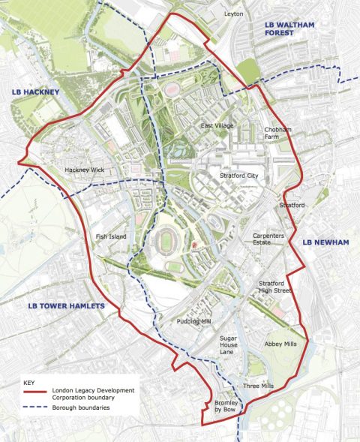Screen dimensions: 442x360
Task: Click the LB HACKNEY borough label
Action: pyautogui.click(x=34, y=92)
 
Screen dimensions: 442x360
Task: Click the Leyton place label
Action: pyautogui.click(x=235, y=14)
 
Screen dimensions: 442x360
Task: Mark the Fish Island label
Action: pyautogui.click(x=112, y=237)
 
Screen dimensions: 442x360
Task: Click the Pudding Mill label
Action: pyautogui.click(x=194, y=321)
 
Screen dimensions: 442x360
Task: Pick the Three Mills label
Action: pyautogui.click(x=258, y=386)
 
